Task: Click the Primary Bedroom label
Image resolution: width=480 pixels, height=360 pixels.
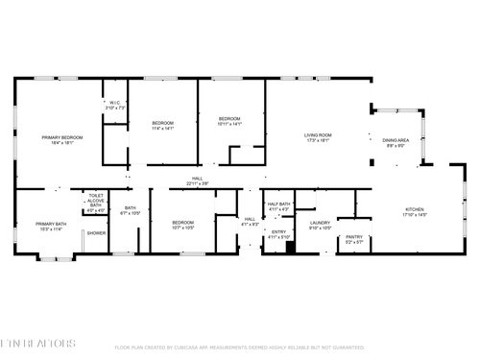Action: [61, 140]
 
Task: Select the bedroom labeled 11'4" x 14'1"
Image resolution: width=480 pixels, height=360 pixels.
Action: [162, 125]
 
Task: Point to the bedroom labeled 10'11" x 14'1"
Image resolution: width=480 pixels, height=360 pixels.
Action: [230, 120]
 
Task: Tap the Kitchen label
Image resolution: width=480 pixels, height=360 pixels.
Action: [414, 212]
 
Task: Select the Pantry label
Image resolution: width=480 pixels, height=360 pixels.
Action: [354, 238]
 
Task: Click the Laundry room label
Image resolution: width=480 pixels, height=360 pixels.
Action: [320, 226]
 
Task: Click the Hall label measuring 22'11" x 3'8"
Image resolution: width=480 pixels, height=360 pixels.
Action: [196, 180]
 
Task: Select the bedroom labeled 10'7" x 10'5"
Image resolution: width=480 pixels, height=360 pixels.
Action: [182, 225]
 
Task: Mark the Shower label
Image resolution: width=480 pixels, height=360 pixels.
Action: [96, 233]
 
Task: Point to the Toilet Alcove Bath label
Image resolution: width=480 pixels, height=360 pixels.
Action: [96, 202]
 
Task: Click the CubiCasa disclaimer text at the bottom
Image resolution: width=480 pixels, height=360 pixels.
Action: [239, 348]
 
